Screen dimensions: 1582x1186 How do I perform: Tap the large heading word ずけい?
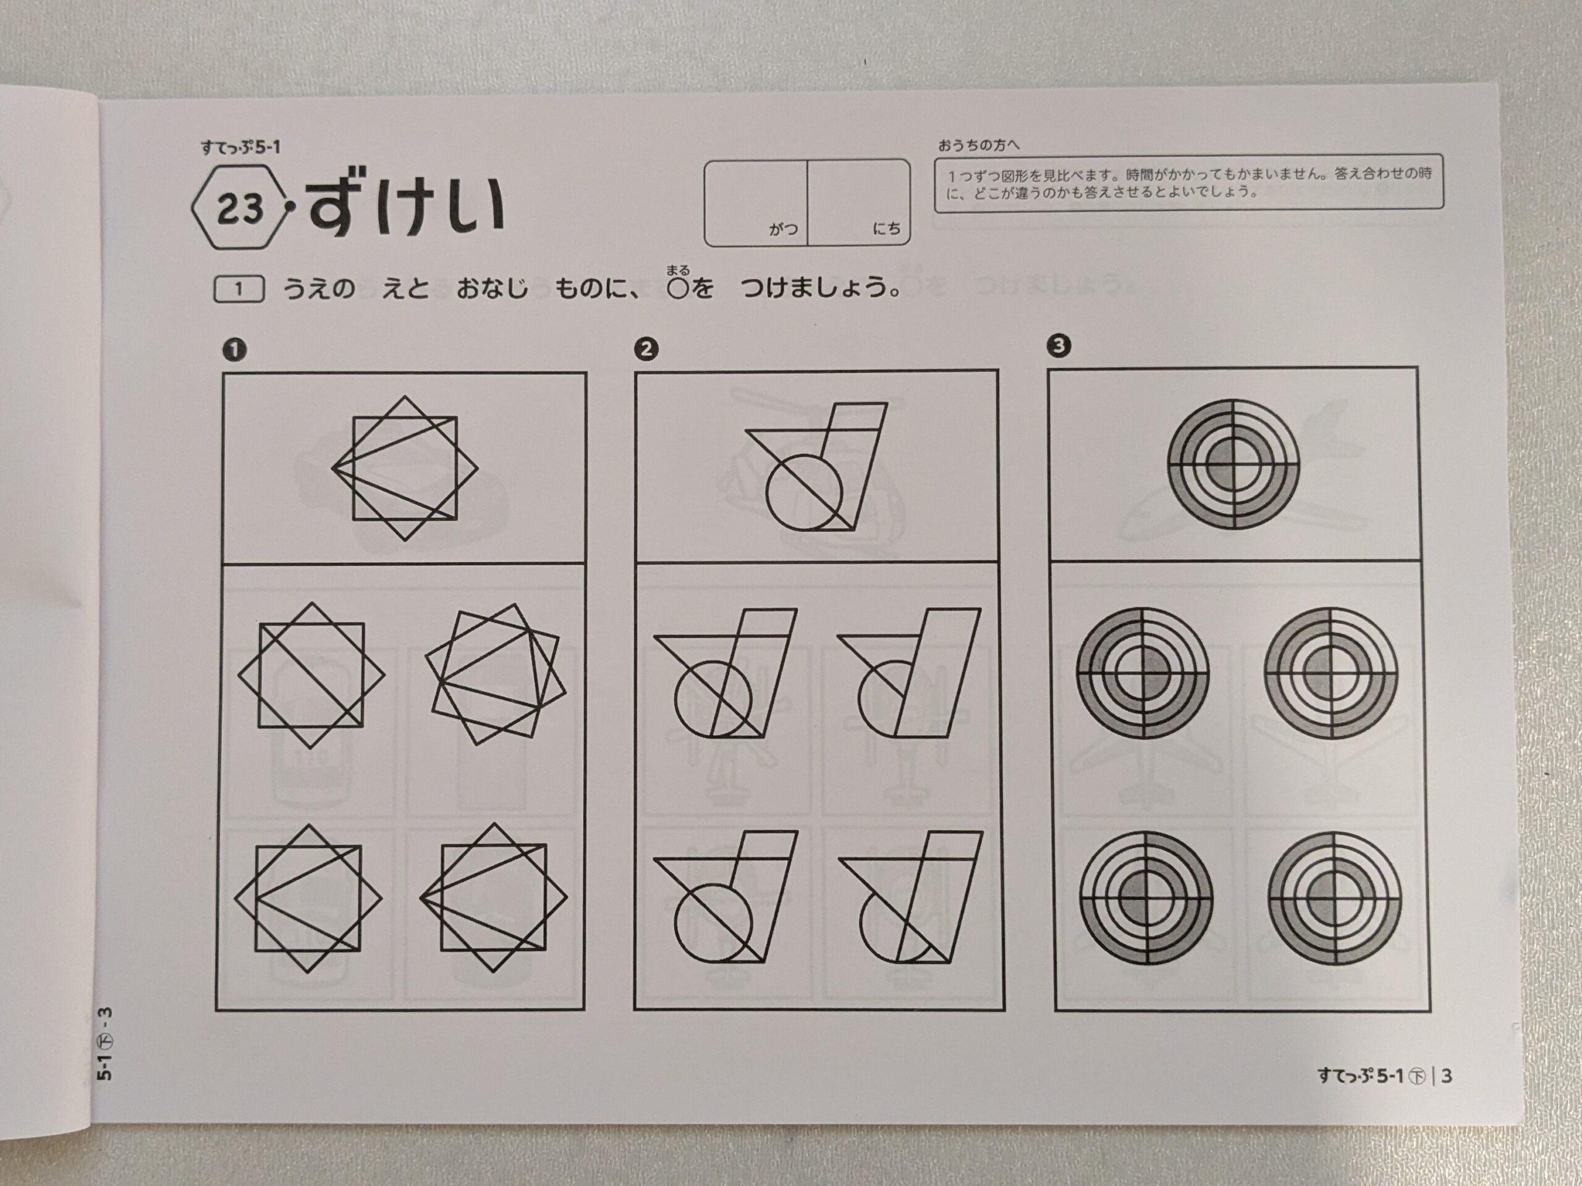406,206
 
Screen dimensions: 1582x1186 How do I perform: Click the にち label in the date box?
887,229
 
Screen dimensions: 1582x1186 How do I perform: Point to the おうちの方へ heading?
978,145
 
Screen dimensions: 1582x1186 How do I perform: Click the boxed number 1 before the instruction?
239,289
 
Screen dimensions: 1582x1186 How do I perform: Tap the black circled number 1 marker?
235,350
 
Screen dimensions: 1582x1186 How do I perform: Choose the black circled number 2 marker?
646,349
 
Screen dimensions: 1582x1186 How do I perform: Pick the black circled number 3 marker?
1059,346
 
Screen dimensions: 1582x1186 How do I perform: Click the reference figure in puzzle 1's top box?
405,468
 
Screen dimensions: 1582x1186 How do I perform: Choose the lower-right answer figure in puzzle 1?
494,898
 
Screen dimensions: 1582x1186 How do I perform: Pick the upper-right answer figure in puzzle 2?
909,673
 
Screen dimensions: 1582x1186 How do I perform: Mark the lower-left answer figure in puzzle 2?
725,896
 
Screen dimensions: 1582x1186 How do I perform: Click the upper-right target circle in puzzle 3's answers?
1330,673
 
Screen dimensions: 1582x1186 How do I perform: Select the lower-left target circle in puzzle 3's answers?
1146,898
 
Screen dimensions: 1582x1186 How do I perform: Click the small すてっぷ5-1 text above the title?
240,147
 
